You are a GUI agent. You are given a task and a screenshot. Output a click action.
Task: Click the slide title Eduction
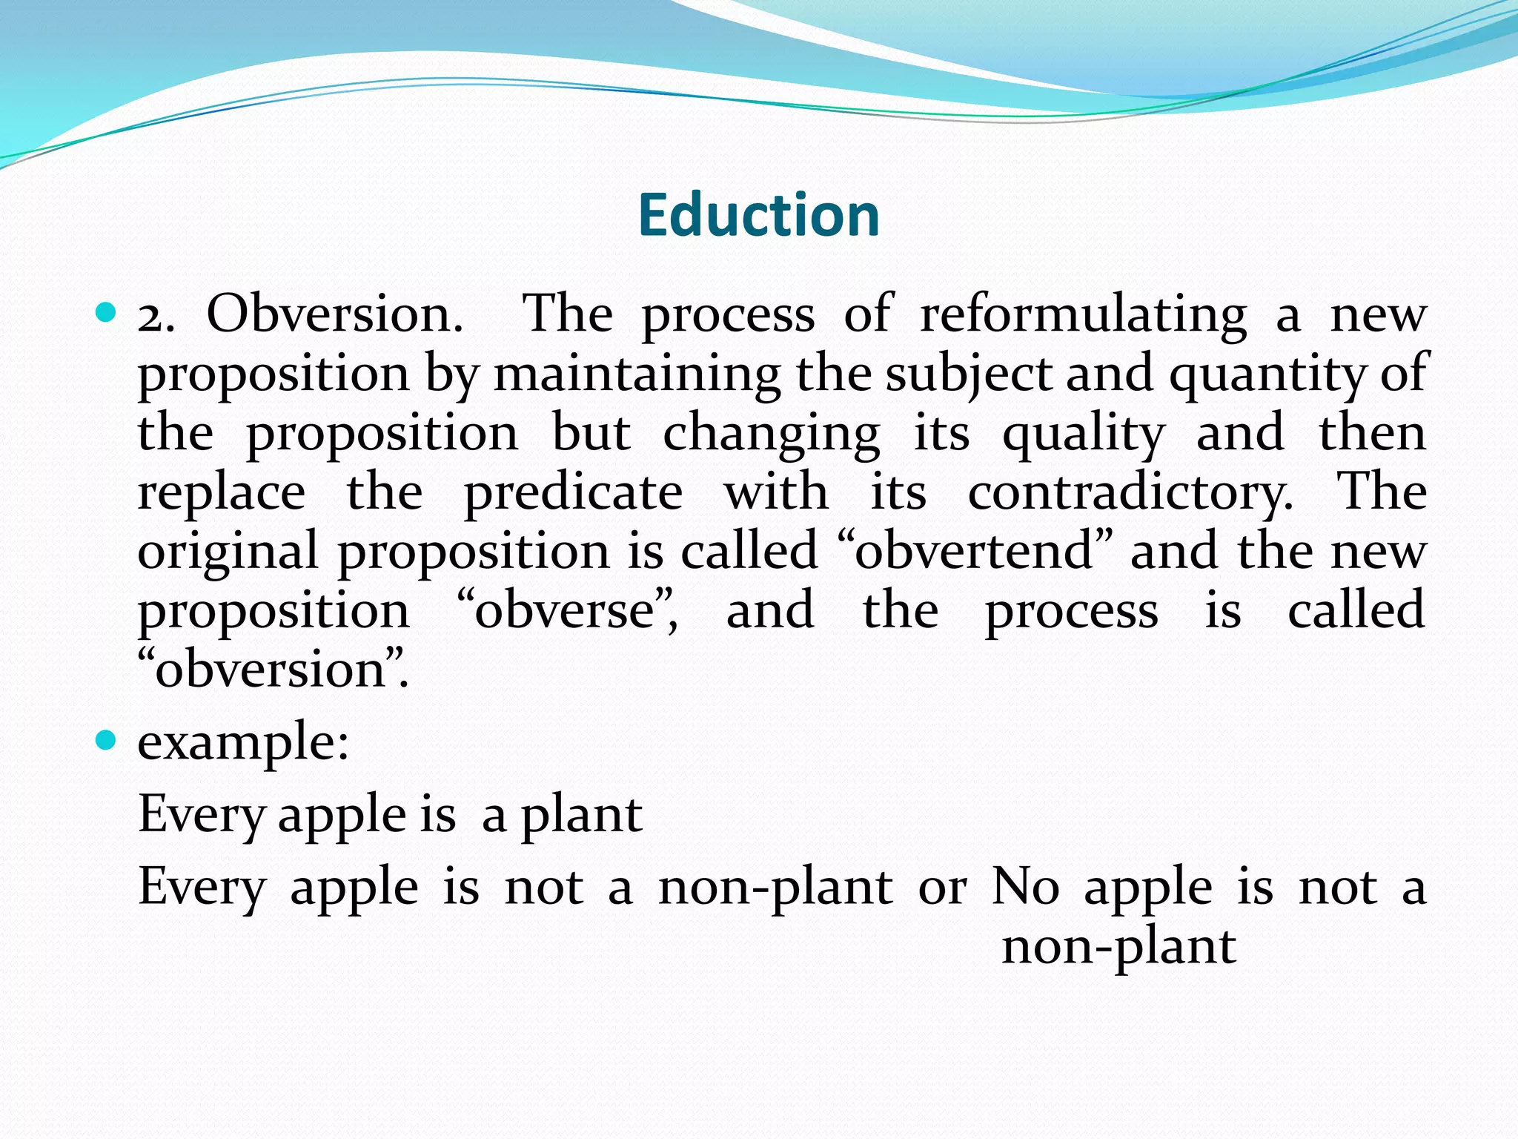758,215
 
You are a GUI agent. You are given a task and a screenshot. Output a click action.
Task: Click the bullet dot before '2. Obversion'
107,312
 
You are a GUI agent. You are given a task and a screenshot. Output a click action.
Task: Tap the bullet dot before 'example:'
107,739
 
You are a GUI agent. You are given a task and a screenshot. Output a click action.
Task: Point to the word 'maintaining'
637,374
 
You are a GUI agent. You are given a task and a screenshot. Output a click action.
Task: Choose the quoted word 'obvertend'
974,551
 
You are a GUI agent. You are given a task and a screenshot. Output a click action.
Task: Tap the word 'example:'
243,743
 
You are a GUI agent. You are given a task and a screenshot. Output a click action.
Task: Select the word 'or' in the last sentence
942,887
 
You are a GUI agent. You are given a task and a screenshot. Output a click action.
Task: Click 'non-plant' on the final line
1118,948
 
